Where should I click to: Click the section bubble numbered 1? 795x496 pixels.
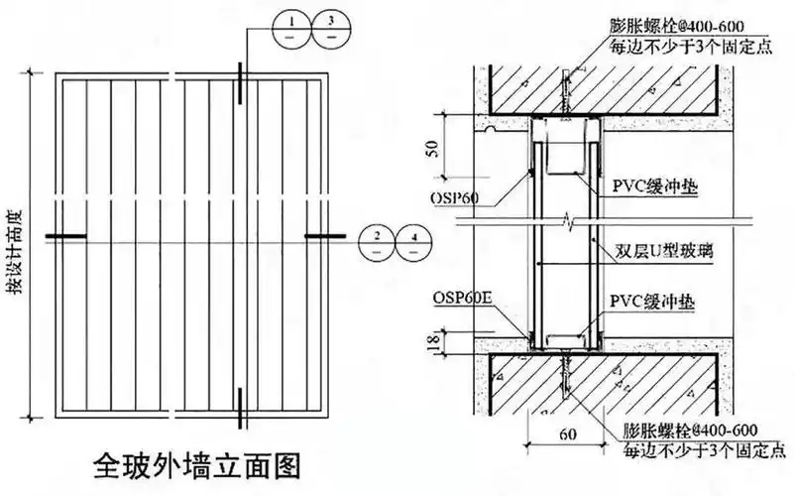[286, 27]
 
